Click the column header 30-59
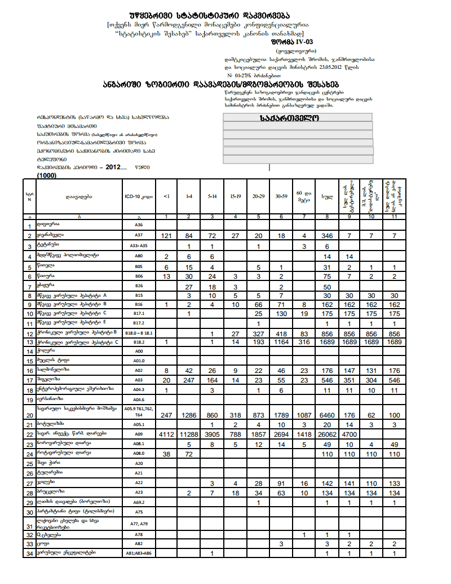click(x=281, y=196)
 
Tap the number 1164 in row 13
click(x=281, y=342)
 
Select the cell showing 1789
click(x=281, y=415)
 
